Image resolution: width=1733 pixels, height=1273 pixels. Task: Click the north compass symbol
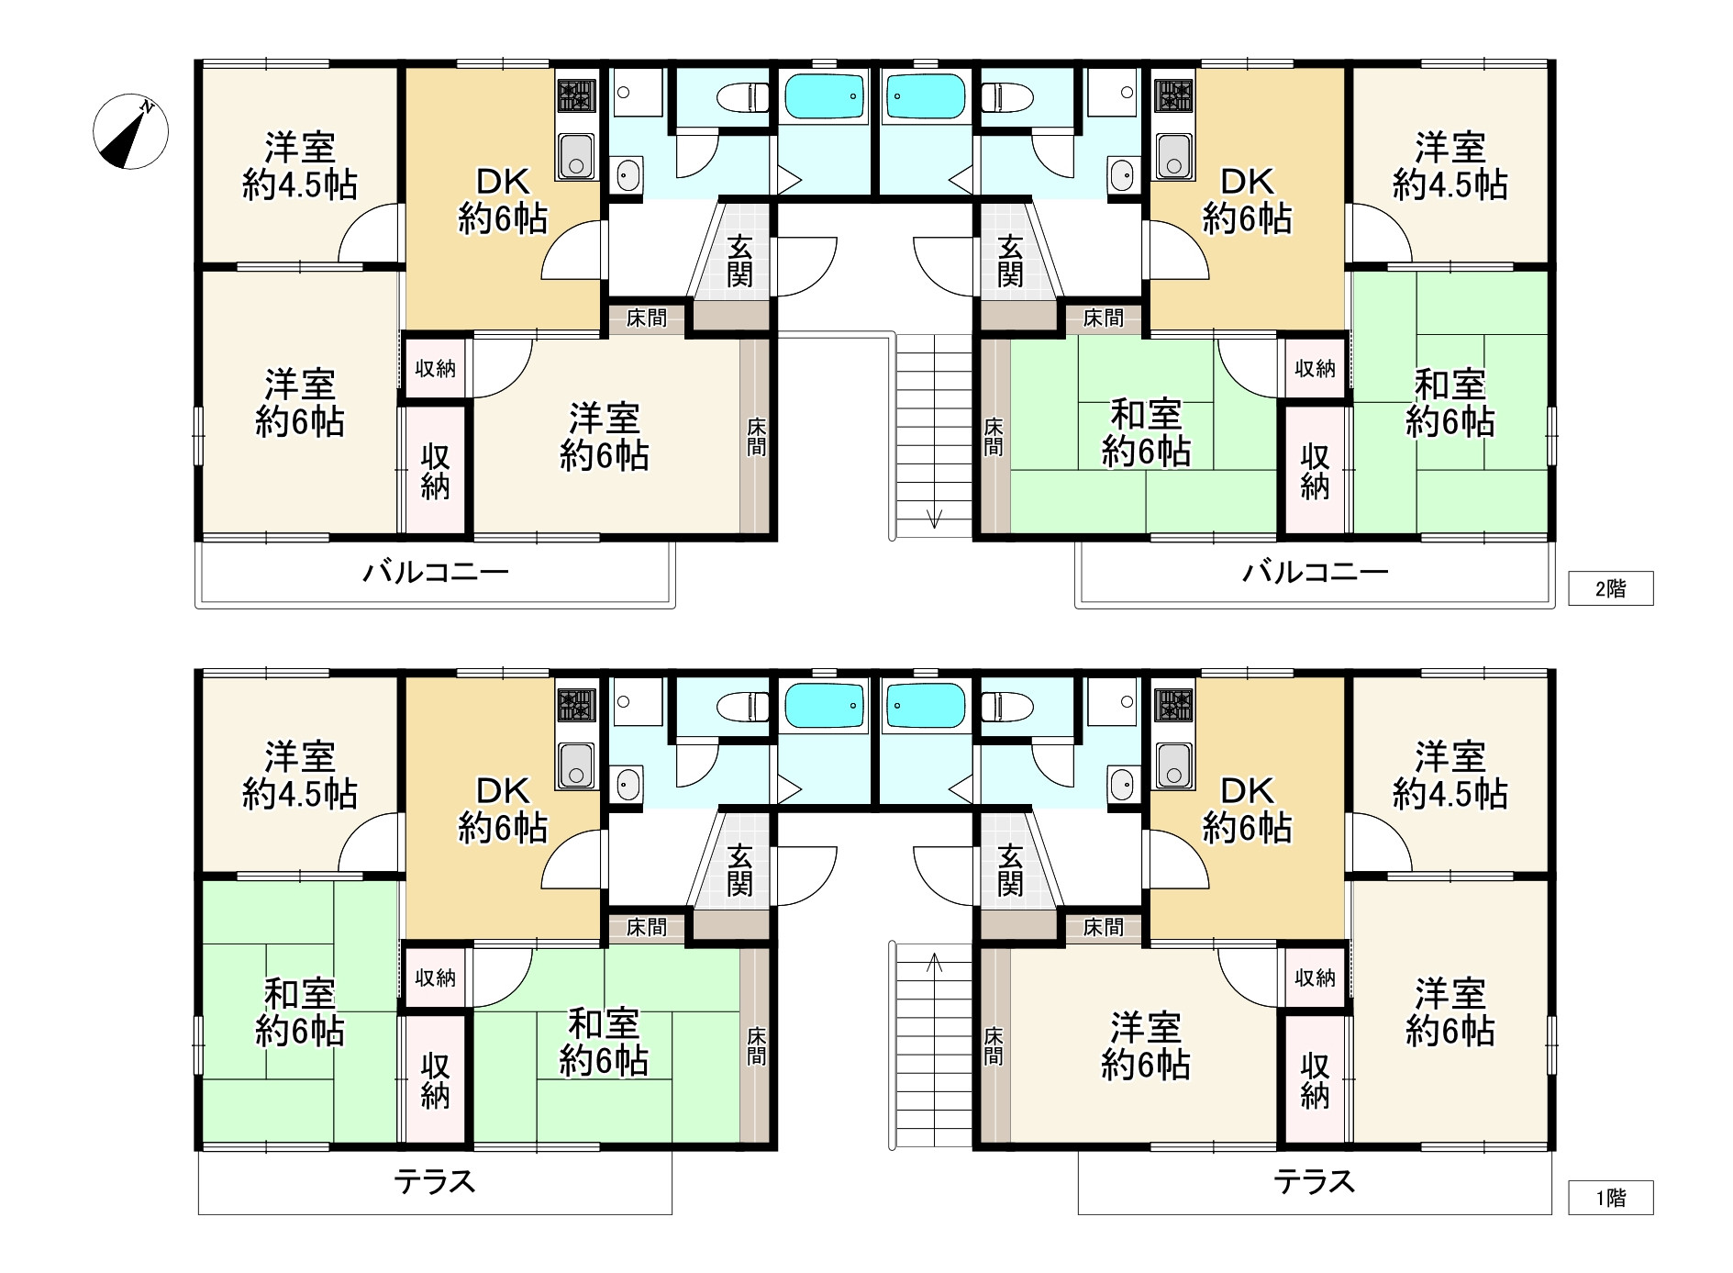pos(130,131)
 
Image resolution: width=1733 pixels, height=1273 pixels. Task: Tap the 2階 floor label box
pos(1610,588)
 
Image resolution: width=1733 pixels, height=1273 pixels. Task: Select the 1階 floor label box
pos(1610,1197)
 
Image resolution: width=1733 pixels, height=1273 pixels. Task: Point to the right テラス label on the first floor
pos(1315,1182)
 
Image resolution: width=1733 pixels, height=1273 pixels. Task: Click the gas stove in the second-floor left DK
pos(576,95)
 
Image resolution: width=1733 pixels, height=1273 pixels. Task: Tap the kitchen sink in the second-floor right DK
pos(1173,155)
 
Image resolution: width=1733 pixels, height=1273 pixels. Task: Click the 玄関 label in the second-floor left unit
pos(740,261)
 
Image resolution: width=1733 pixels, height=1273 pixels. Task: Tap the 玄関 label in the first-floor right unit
pos(1010,869)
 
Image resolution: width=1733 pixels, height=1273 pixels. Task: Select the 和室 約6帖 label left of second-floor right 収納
pos(1146,433)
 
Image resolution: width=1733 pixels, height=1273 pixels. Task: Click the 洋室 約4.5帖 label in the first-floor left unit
pos(300,776)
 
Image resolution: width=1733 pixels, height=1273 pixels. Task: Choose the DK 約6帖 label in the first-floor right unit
pos(1248,810)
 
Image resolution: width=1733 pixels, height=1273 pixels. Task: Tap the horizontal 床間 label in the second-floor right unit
pos(1102,318)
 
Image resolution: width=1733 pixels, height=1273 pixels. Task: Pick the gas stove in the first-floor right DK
pos(1174,704)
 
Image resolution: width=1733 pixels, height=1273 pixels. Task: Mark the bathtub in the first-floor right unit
pos(925,706)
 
